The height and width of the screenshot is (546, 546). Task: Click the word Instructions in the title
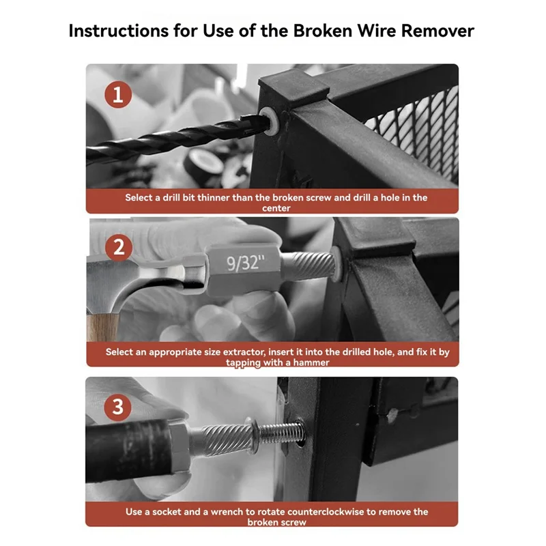[118, 31]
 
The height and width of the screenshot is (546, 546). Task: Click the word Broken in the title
[322, 31]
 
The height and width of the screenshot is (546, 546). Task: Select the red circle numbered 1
[118, 94]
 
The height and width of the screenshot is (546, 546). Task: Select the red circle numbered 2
[119, 248]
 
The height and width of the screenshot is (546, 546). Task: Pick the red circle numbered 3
[117, 407]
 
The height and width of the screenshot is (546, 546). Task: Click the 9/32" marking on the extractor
[246, 262]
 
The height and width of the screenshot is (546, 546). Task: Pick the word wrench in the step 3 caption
[227, 512]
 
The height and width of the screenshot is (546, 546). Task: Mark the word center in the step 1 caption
[276, 208]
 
